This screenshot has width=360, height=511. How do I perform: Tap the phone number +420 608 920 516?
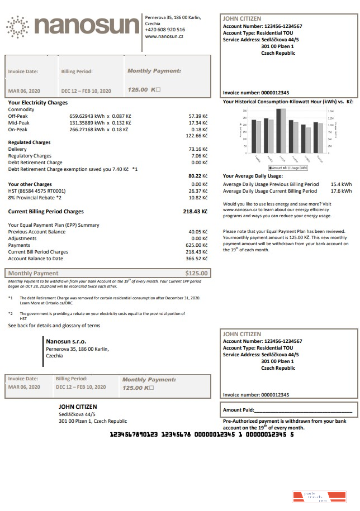[165, 30]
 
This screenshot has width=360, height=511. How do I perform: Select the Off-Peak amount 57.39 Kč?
[198, 116]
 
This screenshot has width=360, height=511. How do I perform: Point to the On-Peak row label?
[18, 129]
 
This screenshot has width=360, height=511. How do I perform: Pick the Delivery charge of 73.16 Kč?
[198, 149]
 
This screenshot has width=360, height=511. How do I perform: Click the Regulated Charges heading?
[29, 142]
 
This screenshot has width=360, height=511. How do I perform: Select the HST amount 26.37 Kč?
[198, 190]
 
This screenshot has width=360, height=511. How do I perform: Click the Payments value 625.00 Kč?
[197, 245]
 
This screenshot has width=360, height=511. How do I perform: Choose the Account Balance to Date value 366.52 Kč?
[197, 259]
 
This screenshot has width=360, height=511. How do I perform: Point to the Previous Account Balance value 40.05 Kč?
[198, 231]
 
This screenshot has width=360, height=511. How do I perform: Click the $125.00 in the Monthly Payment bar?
[196, 273]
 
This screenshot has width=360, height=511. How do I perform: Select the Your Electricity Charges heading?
[38, 103]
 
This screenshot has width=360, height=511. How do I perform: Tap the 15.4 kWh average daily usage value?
[341, 184]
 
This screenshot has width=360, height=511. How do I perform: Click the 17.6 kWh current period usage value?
[341, 190]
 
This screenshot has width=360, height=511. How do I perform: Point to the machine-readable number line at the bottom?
[201, 433]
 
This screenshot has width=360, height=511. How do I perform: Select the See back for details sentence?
[54, 326]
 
